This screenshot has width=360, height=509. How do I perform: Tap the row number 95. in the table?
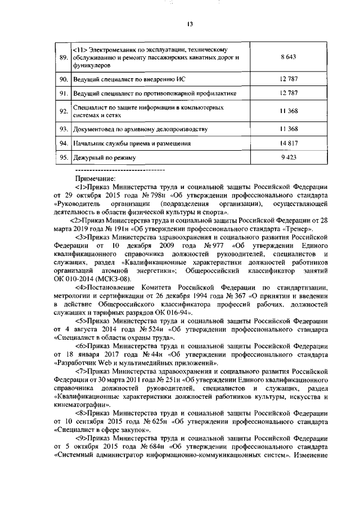pos(64,158)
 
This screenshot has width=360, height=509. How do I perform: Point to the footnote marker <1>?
pos(81,188)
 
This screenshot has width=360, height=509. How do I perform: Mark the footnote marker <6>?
pos(81,345)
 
